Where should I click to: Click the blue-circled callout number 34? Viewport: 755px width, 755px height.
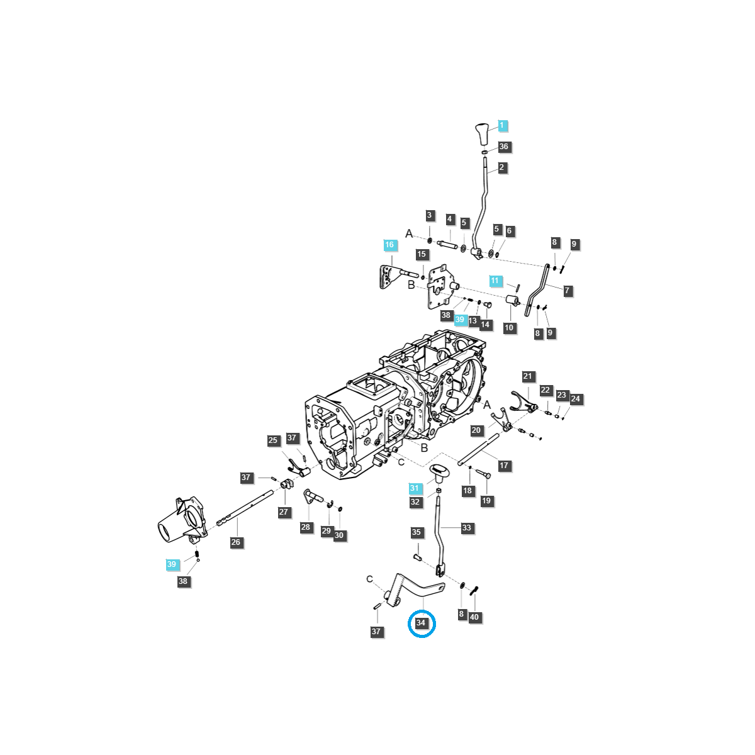pos(422,624)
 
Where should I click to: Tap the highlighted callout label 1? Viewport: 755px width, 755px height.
pos(501,126)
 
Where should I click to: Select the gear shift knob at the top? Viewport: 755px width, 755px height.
pos(481,134)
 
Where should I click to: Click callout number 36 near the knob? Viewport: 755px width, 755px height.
pos(503,147)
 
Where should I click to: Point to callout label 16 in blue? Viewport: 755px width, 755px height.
pos(389,245)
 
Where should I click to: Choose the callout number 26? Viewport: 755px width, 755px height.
pos(235,542)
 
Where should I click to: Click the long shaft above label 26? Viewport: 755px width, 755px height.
pos(245,510)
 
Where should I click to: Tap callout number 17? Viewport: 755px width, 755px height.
pos(504,466)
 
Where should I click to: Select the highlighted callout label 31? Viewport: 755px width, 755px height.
pos(414,488)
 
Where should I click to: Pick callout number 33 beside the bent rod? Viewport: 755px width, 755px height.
pos(466,528)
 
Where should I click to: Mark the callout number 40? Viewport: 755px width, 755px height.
pos(474,617)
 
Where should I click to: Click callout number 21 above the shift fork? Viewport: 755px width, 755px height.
pos(527,376)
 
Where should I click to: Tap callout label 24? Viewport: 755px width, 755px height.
pos(575,399)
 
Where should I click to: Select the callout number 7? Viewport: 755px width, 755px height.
pos(567,291)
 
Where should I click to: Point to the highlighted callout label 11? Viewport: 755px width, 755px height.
pos(495,281)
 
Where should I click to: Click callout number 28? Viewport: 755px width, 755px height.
pos(306,527)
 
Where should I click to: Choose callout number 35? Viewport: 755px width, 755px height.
pos(416,532)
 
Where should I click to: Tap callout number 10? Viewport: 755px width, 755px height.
pos(509,328)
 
